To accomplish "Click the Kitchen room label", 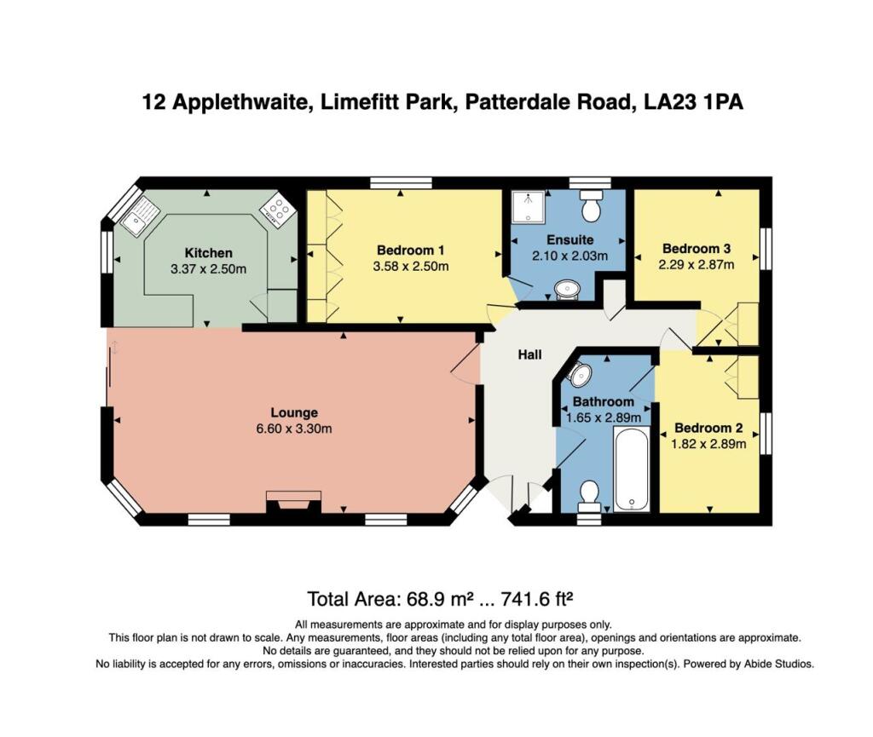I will coord(209,253).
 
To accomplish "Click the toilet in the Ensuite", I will coord(590,206).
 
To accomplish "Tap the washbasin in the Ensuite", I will coord(566,291).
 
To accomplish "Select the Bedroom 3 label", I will coord(697,249).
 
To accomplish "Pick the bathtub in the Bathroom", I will coord(632,469).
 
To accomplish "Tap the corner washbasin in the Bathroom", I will coord(579,374).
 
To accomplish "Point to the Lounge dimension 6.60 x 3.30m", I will coord(295,429).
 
